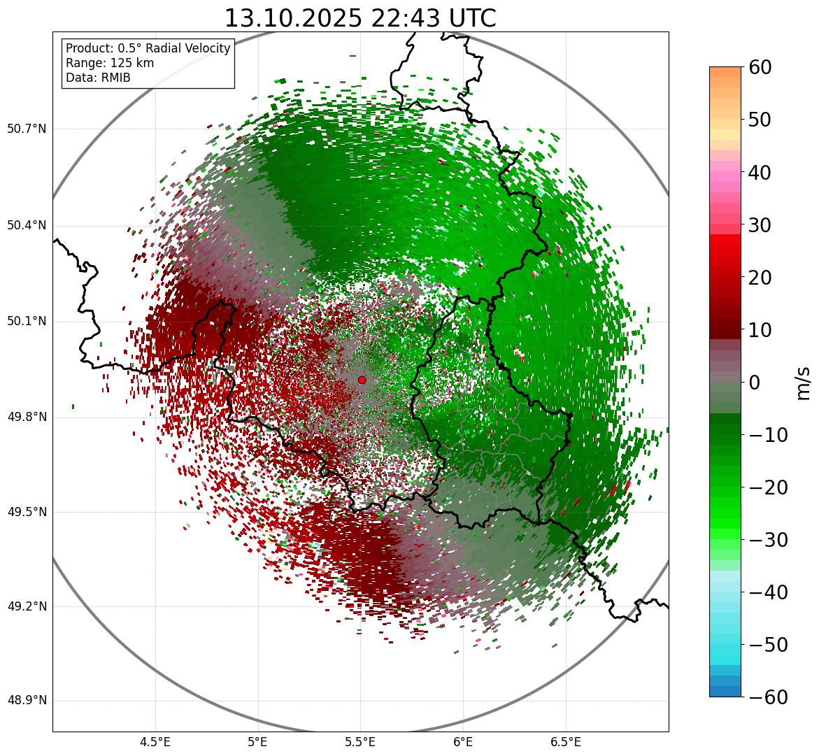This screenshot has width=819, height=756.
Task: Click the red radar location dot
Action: coord(362,380)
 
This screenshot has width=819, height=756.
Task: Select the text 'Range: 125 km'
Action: coord(110,63)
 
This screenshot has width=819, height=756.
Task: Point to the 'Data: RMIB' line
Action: coord(98,78)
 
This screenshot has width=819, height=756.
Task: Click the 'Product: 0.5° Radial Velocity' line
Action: coord(148,48)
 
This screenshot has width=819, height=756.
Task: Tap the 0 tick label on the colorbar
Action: coord(755,383)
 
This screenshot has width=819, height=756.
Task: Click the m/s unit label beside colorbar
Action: coord(803,383)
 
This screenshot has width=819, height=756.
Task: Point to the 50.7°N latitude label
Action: coord(27,129)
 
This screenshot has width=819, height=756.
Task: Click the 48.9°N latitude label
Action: coord(27,701)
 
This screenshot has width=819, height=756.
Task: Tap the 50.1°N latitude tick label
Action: coord(27,322)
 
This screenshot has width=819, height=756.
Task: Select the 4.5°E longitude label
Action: coord(155,742)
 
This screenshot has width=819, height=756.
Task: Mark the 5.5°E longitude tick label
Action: coord(360,742)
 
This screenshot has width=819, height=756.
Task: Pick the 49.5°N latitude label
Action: coord(27,513)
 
